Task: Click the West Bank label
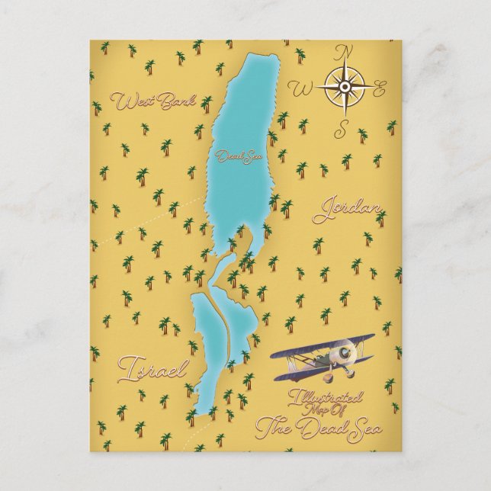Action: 152,101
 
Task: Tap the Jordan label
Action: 347,208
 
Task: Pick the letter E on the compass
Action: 380,91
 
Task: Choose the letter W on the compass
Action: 303,89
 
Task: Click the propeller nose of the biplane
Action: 348,355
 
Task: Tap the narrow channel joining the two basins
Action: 221,274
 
